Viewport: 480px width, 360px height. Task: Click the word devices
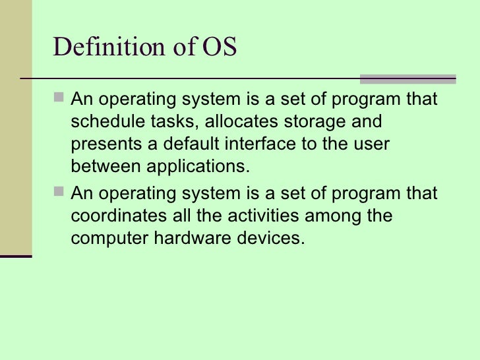click(274, 238)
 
